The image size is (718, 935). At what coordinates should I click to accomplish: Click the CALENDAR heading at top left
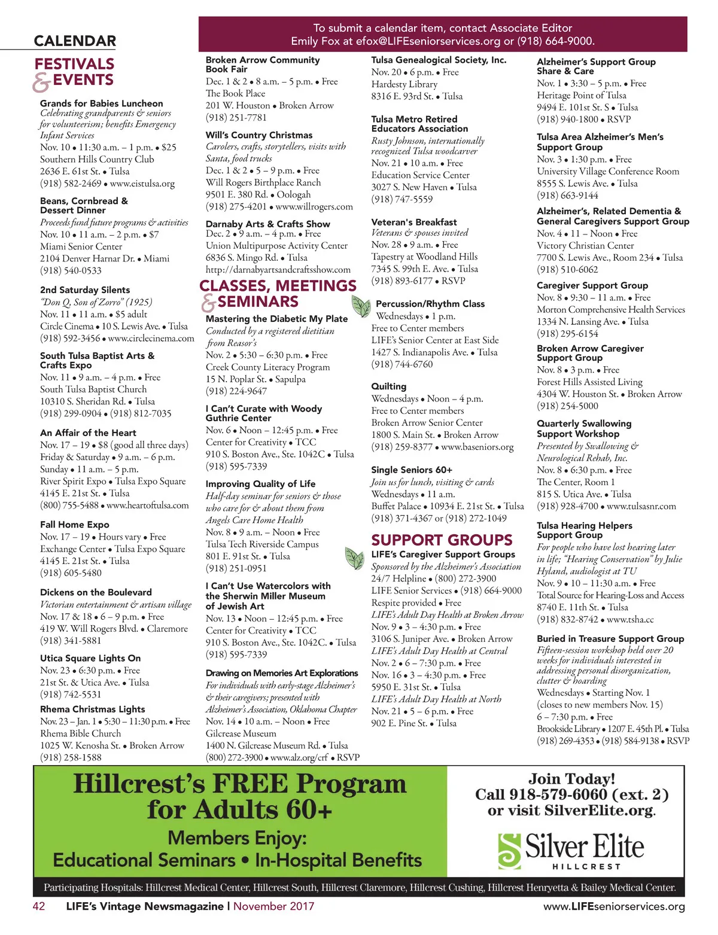pyautogui.click(x=75, y=41)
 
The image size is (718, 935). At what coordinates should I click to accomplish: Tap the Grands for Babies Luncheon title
pyautogui.click(x=101, y=103)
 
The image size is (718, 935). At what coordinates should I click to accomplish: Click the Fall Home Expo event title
pyautogui.click(x=74, y=525)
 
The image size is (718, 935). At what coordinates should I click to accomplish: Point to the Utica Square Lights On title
pyautogui.click(x=90, y=658)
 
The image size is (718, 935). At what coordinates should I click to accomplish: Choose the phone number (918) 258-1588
pyautogui.click(x=71, y=757)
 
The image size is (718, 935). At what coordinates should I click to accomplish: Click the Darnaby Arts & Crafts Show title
pyautogui.click(x=267, y=224)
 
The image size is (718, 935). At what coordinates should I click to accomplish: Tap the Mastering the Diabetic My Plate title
pyautogui.click(x=276, y=319)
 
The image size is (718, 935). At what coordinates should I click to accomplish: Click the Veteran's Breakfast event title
pyautogui.click(x=413, y=222)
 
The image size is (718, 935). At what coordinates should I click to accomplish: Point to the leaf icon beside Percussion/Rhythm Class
pyautogui.click(x=361, y=306)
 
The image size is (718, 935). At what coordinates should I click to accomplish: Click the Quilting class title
pyautogui.click(x=388, y=386)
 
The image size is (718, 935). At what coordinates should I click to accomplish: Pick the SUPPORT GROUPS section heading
pyautogui.click(x=442, y=540)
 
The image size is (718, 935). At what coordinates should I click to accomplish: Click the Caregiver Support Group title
pyautogui.click(x=592, y=285)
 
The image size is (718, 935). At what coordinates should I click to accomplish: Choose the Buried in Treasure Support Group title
pyautogui.click(x=610, y=639)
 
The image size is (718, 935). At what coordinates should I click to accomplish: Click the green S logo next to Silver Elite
pyautogui.click(x=510, y=851)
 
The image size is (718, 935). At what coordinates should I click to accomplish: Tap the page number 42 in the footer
pyautogui.click(x=39, y=906)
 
